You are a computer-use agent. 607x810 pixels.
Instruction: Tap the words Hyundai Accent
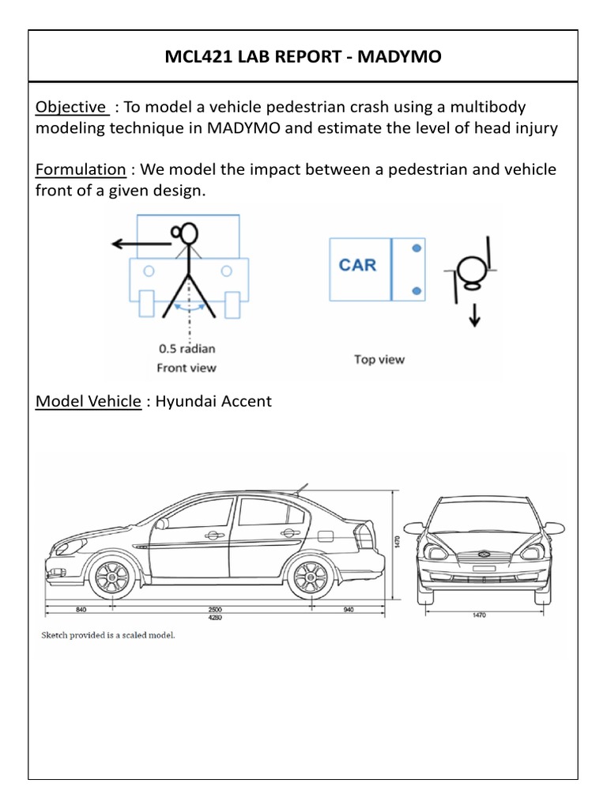pyautogui.click(x=213, y=401)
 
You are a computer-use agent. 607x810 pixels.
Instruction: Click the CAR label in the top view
pyautogui.click(x=358, y=264)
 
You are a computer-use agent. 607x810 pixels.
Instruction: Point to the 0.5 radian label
pyautogui.click(x=187, y=348)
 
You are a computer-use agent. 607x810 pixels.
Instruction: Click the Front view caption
pyautogui.click(x=187, y=367)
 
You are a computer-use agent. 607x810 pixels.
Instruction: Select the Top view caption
pyautogui.click(x=379, y=359)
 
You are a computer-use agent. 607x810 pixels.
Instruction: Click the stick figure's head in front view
pyautogui.click(x=190, y=233)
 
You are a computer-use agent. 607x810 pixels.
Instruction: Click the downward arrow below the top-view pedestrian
pyautogui.click(x=475, y=315)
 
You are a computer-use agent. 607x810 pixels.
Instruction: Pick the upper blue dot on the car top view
pyautogui.click(x=417, y=248)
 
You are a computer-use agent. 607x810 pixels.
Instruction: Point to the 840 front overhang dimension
pyautogui.click(x=81, y=610)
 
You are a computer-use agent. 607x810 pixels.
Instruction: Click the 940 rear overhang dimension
pyautogui.click(x=349, y=610)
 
